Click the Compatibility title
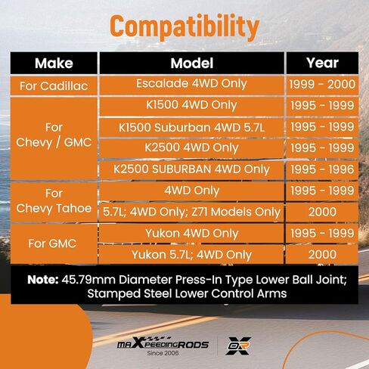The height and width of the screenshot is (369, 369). (184, 27)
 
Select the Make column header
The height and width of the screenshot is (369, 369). (54, 63)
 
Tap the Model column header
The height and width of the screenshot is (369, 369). (192, 63)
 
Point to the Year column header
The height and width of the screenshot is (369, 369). (322, 63)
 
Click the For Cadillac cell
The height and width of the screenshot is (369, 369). (54, 86)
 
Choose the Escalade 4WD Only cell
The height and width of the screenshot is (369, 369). (192, 85)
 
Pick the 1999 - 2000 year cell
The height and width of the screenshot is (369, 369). (322, 85)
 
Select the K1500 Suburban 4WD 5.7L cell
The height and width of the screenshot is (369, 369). (192, 128)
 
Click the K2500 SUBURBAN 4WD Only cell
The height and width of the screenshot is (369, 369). (192, 169)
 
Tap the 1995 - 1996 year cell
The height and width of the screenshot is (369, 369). (322, 169)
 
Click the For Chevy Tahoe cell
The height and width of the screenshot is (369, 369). (54, 202)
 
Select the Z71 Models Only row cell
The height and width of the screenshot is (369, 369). (192, 212)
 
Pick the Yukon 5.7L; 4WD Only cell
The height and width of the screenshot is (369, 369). (192, 255)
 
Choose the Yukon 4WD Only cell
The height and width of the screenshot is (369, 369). (192, 234)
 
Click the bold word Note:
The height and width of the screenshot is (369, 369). (43, 280)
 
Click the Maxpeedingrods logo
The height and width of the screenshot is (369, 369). (163, 343)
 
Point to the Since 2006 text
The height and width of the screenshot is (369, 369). (163, 353)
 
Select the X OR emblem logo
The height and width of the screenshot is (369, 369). (238, 346)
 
